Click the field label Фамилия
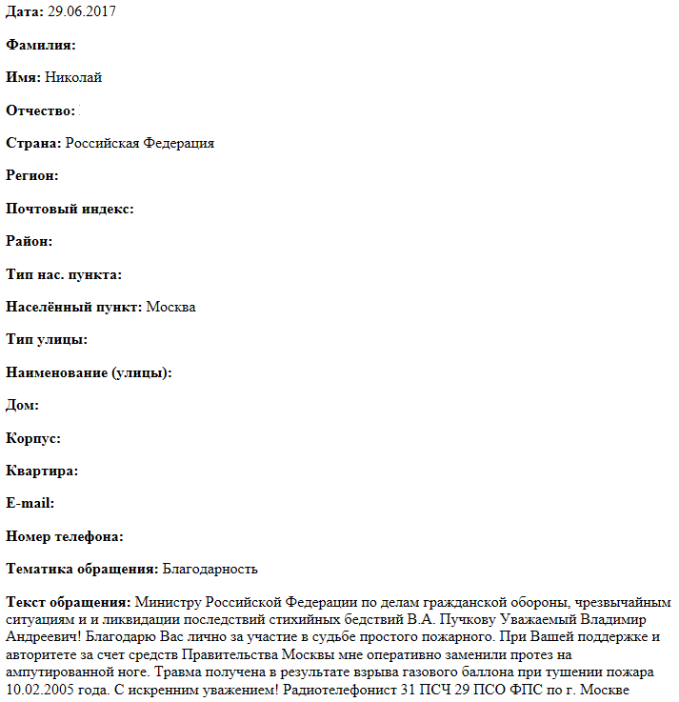[x=41, y=45]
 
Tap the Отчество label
[x=41, y=110]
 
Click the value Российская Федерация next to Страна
[x=140, y=143]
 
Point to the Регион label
[x=32, y=175]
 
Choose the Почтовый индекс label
[x=70, y=209]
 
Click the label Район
[x=29, y=241]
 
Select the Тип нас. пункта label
[x=64, y=274]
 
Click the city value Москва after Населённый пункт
[x=171, y=307]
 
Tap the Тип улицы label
[x=47, y=339]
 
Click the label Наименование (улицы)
[x=89, y=372]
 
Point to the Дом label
[x=22, y=405]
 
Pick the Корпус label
[x=33, y=438]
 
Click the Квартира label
[x=42, y=471]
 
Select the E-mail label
[x=30, y=503]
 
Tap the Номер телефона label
[x=65, y=536]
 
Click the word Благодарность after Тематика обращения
[x=210, y=569]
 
